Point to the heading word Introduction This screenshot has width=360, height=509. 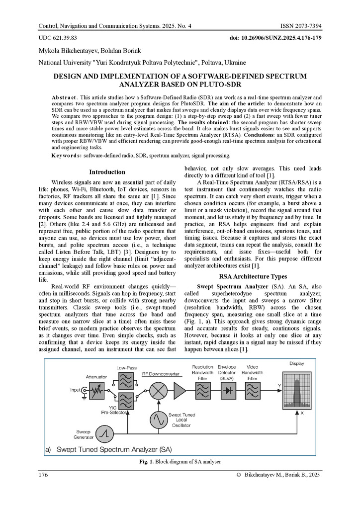[x=107, y=172]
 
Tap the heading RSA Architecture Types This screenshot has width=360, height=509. [x=253, y=276]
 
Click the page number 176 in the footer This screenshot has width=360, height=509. [x=43, y=475]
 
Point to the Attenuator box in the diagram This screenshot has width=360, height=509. [x=95, y=391]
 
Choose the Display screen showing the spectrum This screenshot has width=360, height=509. [x=296, y=391]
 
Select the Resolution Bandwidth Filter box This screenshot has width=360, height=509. [x=202, y=391]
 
